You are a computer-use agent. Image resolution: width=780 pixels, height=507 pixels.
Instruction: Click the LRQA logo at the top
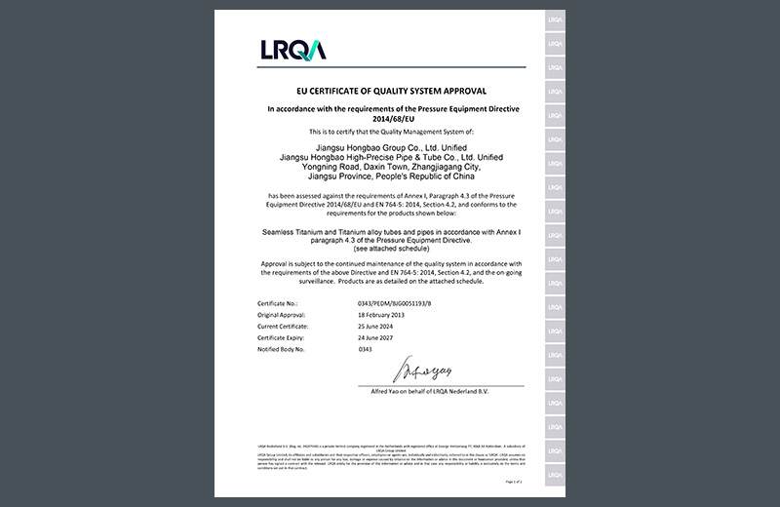coord(292,50)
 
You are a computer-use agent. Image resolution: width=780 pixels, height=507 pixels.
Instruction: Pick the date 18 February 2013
coord(382,315)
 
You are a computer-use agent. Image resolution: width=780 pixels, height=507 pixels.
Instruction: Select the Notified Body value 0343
coord(366,348)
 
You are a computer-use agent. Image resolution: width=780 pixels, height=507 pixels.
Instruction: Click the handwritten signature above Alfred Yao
coord(423,371)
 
